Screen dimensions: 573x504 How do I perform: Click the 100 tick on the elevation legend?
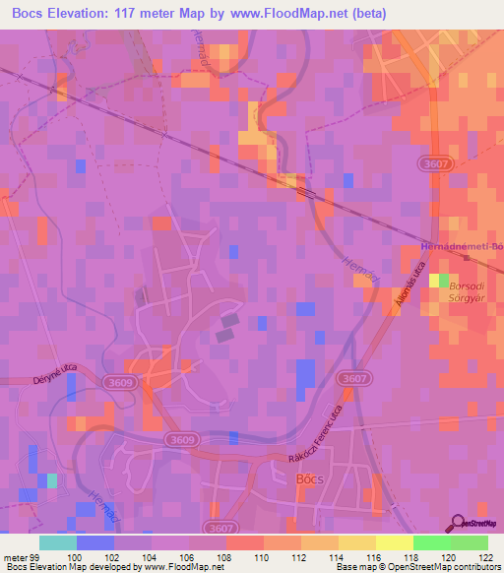point(77,556)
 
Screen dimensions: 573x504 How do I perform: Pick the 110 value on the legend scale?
point(264,556)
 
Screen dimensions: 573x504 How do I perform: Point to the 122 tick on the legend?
point(487,556)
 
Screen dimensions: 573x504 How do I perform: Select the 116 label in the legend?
point(375,556)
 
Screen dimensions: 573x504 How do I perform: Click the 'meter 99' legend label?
point(20,556)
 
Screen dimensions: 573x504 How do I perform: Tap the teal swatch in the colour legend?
point(58,542)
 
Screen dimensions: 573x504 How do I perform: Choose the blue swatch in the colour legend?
point(95,542)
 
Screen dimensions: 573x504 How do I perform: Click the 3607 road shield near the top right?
point(434,163)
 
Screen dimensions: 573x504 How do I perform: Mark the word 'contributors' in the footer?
point(476,567)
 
